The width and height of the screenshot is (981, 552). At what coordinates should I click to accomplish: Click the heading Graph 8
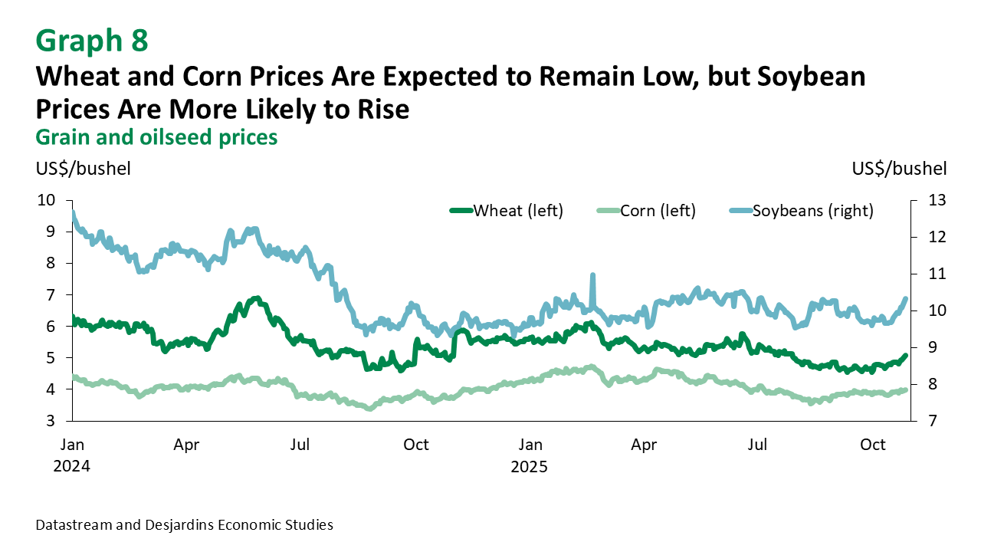point(91,41)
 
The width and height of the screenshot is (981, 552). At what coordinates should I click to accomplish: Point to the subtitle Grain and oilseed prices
point(156,137)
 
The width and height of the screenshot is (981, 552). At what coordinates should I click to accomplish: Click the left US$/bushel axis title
point(84,169)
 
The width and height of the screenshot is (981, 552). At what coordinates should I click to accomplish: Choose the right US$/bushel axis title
point(898,169)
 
